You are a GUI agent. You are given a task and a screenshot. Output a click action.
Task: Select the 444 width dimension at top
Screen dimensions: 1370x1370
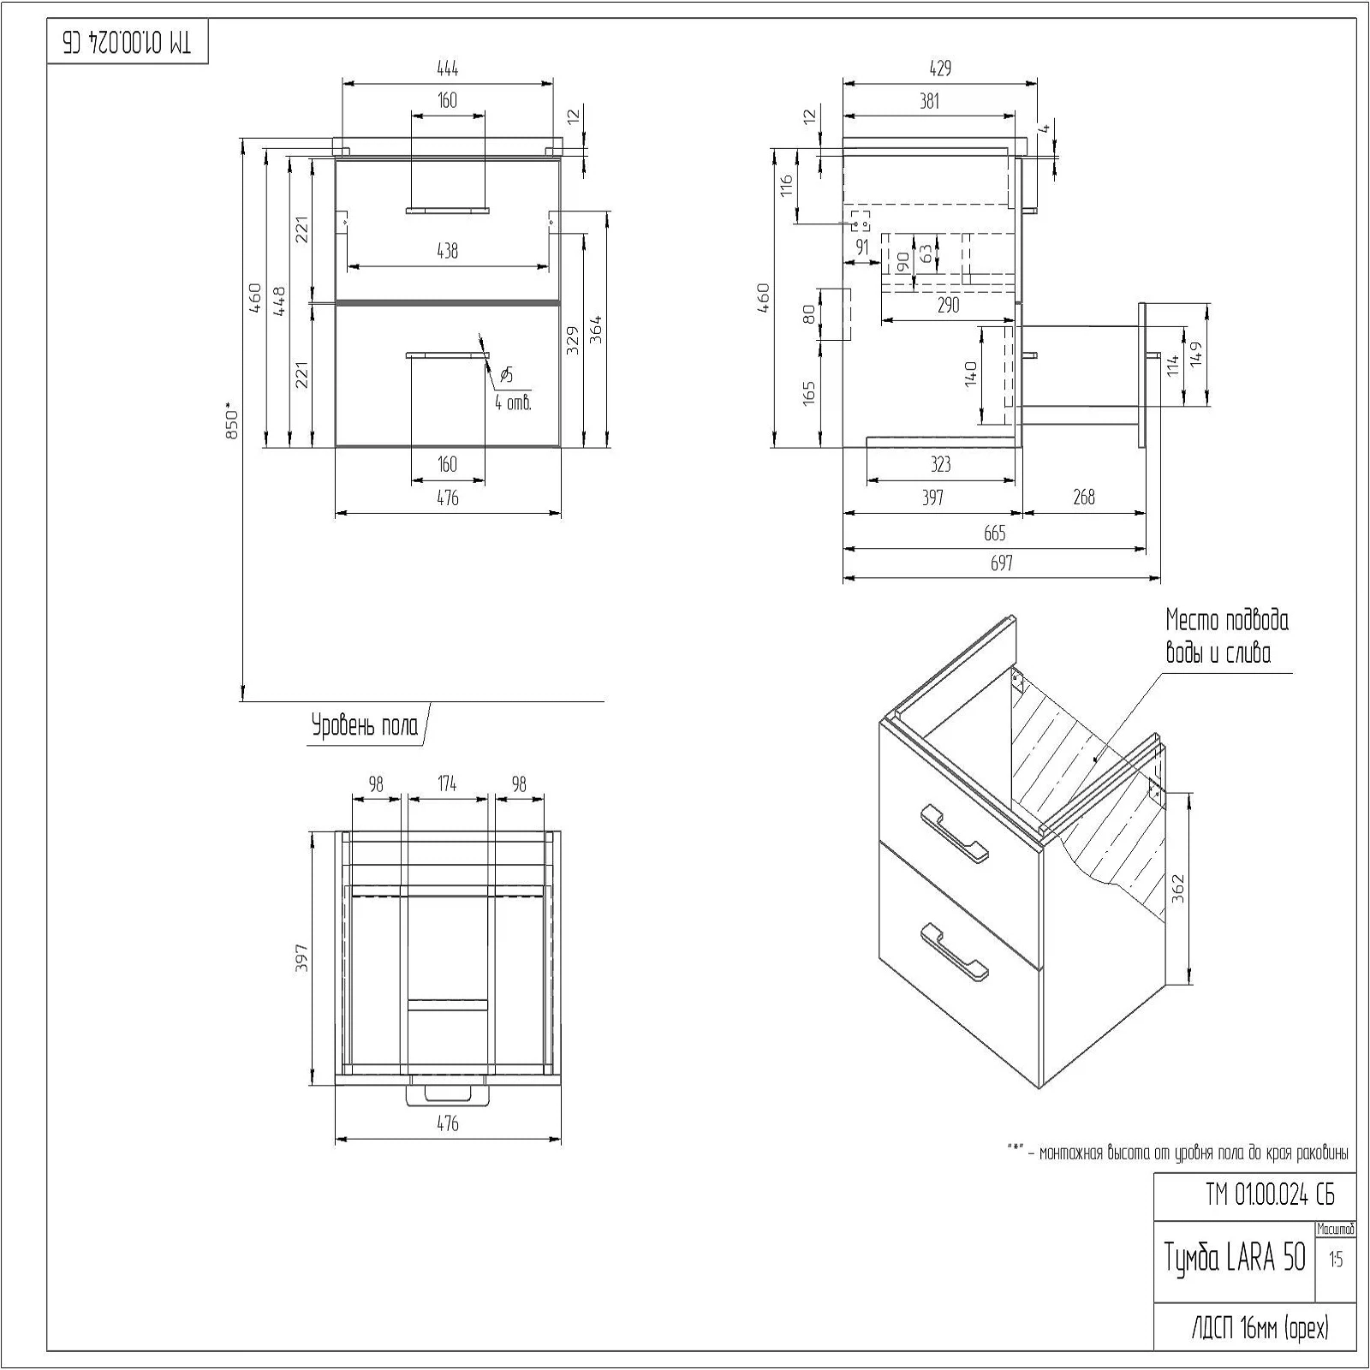tap(447, 68)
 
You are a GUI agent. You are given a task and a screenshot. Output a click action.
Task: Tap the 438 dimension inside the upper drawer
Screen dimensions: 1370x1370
tap(447, 251)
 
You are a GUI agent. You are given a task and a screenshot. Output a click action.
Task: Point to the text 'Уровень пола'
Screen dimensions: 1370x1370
tap(365, 726)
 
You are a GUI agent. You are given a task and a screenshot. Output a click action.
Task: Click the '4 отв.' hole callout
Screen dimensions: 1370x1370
tap(513, 402)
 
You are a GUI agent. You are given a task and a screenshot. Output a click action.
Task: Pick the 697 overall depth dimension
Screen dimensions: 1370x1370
tap(1001, 563)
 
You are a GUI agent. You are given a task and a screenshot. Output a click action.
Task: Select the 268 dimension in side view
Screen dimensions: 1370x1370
tap(1083, 497)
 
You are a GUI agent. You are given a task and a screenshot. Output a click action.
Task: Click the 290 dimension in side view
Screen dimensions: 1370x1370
tap(948, 305)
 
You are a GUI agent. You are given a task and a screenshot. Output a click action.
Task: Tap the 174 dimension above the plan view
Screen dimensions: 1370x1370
tap(447, 783)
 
